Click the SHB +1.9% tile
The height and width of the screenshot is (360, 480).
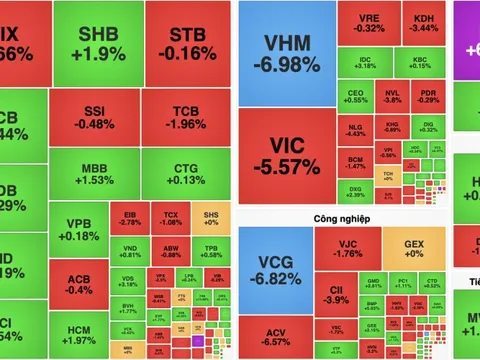pyautogui.click(x=98, y=43)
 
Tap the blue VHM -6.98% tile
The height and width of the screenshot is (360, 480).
pyautogui.click(x=286, y=53)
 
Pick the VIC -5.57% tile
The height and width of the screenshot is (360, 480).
pyautogui.click(x=286, y=153)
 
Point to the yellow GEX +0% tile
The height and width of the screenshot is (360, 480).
pyautogui.click(x=415, y=250)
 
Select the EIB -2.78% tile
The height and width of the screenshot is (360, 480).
pyautogui.click(x=128, y=219)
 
